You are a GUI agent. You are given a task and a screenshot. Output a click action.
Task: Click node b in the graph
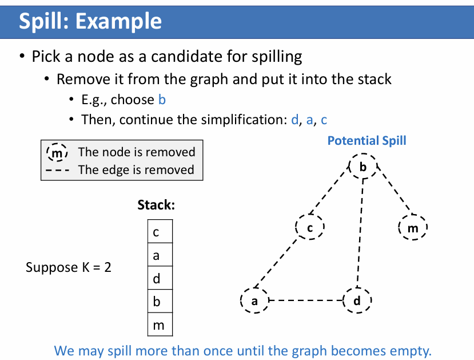point(363,167)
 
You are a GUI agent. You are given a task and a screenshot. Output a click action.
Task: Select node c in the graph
point(310,228)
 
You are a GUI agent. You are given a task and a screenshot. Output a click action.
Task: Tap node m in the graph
point(412,229)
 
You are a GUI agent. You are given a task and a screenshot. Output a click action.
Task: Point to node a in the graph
point(255,300)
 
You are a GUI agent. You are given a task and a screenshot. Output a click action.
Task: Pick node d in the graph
point(357,300)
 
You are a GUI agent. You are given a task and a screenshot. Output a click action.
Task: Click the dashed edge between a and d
point(306,300)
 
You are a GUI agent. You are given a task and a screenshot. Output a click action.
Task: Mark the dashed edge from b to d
point(360,235)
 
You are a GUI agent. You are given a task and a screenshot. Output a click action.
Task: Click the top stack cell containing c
point(160,233)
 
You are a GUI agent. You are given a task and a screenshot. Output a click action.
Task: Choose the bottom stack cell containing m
point(160,325)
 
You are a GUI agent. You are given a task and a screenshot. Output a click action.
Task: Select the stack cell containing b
point(160,302)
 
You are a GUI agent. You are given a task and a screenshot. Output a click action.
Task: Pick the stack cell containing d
point(160,279)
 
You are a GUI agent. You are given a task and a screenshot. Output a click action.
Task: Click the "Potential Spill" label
point(367,141)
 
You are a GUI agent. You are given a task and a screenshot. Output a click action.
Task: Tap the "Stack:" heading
point(156,205)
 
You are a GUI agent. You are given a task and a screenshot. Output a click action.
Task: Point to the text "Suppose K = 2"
point(69,267)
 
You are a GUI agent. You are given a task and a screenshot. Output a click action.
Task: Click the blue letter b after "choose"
point(162,100)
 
